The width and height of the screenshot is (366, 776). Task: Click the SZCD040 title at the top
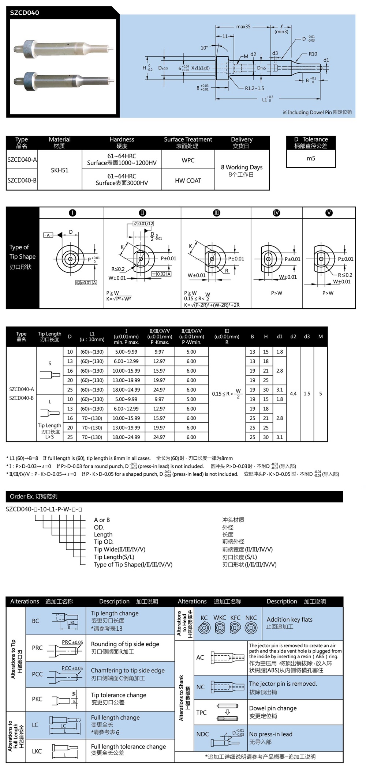pyautogui.click(x=25, y=12)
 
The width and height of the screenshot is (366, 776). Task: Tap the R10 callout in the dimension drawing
pyautogui.click(x=313, y=54)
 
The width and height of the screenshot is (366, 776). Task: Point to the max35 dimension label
pyautogui.click(x=243, y=27)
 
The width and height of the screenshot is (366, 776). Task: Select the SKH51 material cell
pyautogui.click(x=60, y=170)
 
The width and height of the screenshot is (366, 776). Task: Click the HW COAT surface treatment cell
pyautogui.click(x=188, y=181)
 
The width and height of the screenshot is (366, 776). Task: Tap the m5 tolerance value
pyautogui.click(x=311, y=158)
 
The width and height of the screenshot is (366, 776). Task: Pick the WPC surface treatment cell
pyautogui.click(x=188, y=160)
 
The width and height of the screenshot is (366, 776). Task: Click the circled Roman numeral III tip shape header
pyautogui.click(x=216, y=213)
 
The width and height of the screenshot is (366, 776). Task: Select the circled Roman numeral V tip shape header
pyautogui.click(x=329, y=213)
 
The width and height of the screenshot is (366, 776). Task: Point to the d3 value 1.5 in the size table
pyautogui.click(x=307, y=394)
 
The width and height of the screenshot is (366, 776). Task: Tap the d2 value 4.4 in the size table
pyautogui.click(x=293, y=394)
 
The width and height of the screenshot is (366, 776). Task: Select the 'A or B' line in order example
pyautogui.click(x=102, y=520)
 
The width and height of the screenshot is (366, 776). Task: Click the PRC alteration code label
pyautogui.click(x=37, y=648)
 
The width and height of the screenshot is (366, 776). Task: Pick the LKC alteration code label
pyautogui.click(x=37, y=751)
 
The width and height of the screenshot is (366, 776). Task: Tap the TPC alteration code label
pyautogui.click(x=201, y=712)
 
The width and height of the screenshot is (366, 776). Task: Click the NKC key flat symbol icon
pyautogui.click(x=251, y=628)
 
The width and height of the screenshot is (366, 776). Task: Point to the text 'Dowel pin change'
pyautogui.click(x=273, y=708)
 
